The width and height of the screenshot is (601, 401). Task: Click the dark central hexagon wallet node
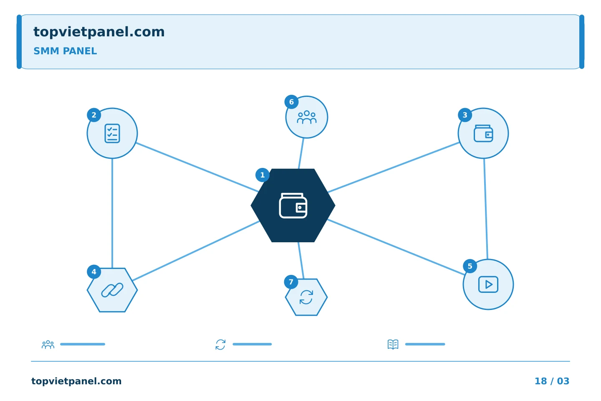pyautogui.click(x=293, y=206)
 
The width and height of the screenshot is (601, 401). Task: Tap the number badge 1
pyautogui.click(x=263, y=175)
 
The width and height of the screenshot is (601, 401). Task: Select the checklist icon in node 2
pyautogui.click(x=112, y=133)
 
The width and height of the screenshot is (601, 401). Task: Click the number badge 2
pyautogui.click(x=94, y=115)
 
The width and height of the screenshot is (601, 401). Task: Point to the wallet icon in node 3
pyautogui.click(x=483, y=133)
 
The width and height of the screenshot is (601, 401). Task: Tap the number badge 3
pyautogui.click(x=465, y=115)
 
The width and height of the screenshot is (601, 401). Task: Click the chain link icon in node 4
pyautogui.click(x=112, y=290)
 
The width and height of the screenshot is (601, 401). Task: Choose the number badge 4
pyautogui.click(x=94, y=272)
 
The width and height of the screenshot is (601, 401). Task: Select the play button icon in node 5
pyautogui.click(x=488, y=284)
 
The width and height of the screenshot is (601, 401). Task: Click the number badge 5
pyautogui.click(x=470, y=266)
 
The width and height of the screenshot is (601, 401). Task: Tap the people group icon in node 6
pyautogui.click(x=307, y=117)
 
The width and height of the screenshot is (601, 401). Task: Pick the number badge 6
pyautogui.click(x=291, y=102)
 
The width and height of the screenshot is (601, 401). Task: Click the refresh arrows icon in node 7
pyautogui.click(x=306, y=297)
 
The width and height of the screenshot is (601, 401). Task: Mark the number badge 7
pyautogui.click(x=291, y=282)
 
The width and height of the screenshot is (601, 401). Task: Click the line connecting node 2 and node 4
pyautogui.click(x=112, y=213)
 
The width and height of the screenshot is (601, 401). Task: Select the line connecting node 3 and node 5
pyautogui.click(x=486, y=209)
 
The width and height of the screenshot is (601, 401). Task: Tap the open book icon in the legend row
pyautogui.click(x=393, y=344)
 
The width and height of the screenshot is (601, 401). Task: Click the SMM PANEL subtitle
pyautogui.click(x=65, y=51)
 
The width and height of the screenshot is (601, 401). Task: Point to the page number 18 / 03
pyautogui.click(x=552, y=381)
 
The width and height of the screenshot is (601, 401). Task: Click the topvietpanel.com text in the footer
pyautogui.click(x=76, y=381)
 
